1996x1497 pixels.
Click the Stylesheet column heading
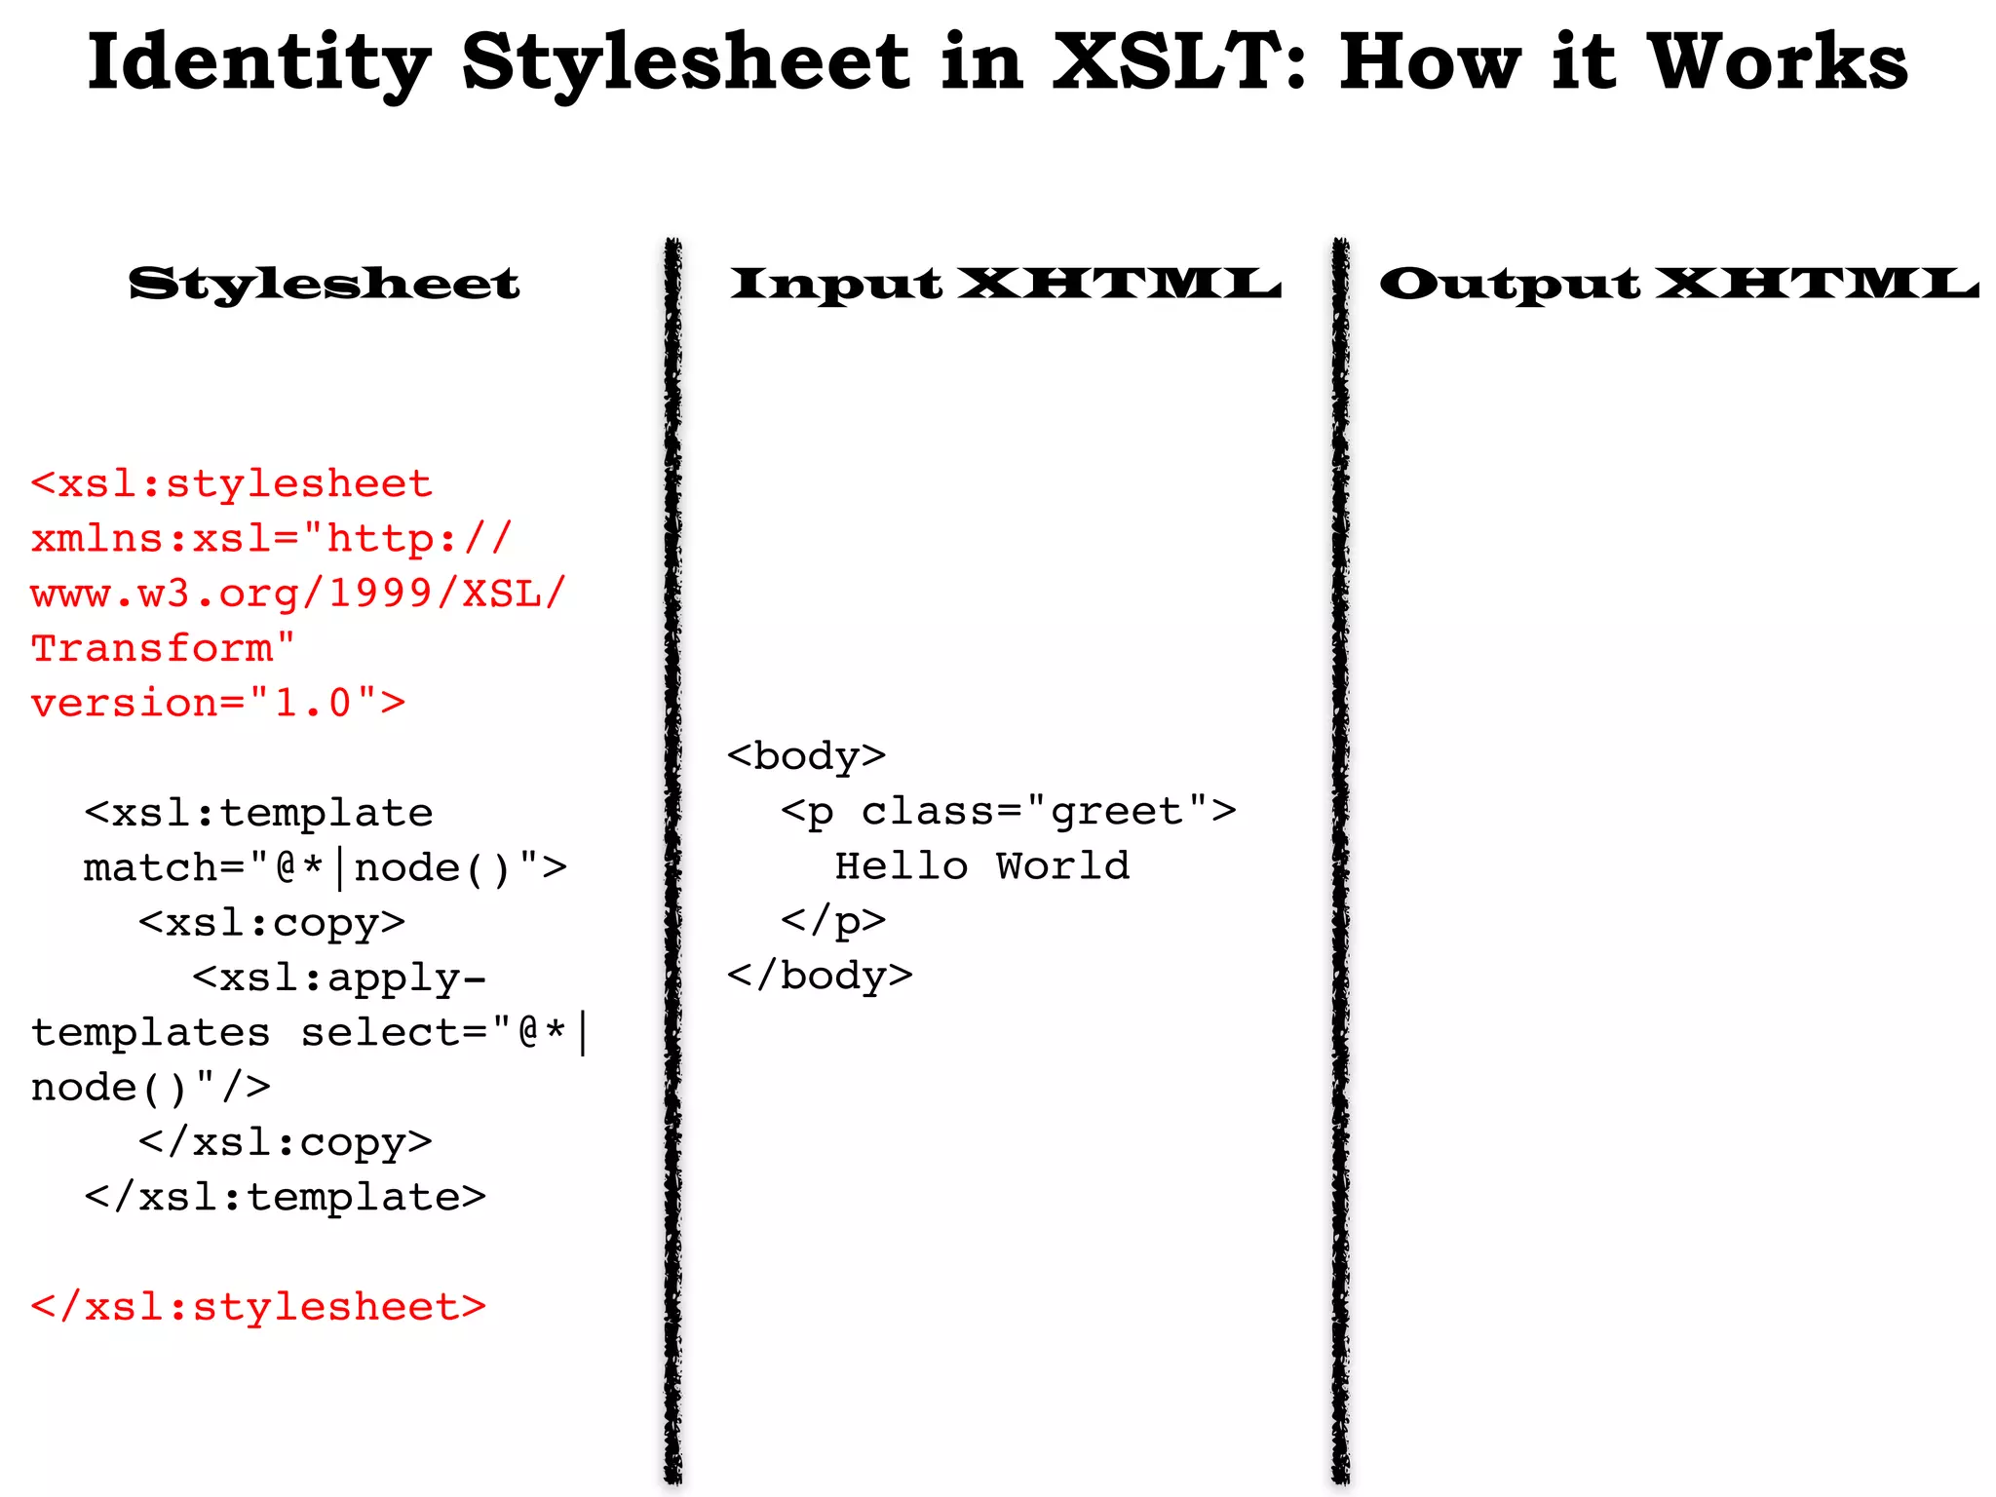[325, 284]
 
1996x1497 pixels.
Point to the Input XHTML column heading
[1005, 284]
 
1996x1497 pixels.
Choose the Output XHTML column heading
[1678, 284]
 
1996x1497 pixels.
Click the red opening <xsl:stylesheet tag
[231, 484]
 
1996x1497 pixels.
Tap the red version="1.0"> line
[217, 703]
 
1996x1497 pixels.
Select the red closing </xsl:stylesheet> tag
[258, 1307]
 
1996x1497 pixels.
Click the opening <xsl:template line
[258, 813]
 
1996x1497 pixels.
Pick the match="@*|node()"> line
[325, 867]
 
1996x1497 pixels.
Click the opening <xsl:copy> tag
[271, 923]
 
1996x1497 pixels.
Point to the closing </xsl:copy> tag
[285, 1142]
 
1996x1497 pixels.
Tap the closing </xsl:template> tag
[285, 1197]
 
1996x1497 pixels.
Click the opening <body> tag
[806, 756]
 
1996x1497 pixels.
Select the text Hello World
[982, 865]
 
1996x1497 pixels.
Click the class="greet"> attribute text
[1049, 811]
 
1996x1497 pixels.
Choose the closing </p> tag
[833, 920]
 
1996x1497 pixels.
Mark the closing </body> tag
[820, 976]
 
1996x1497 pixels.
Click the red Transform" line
[163, 648]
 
